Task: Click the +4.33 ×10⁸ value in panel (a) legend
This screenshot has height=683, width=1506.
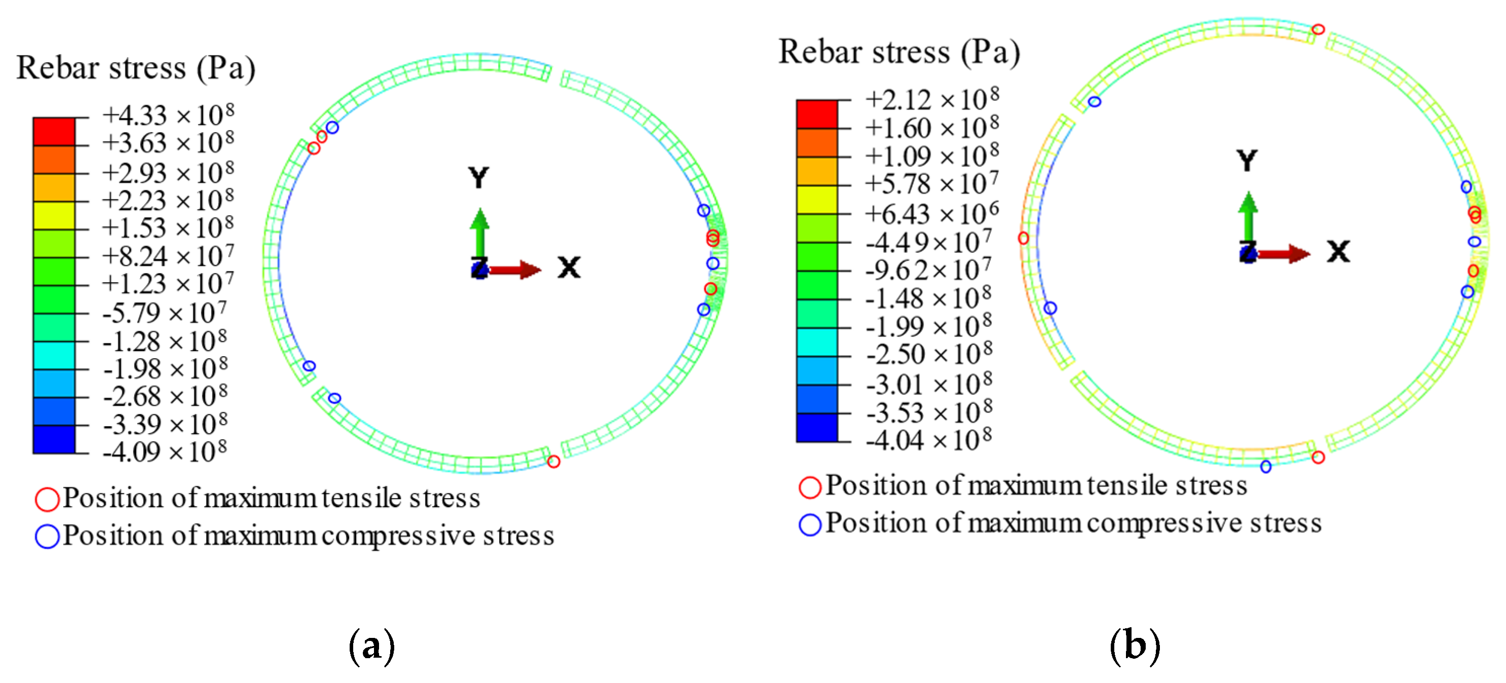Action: pos(168,115)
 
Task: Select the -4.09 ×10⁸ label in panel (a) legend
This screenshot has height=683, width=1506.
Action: pos(165,451)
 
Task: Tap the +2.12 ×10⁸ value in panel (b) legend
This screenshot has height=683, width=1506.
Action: pos(932,99)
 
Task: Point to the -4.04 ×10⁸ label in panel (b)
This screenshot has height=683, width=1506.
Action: pos(929,440)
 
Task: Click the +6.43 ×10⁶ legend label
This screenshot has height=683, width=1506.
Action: pos(932,213)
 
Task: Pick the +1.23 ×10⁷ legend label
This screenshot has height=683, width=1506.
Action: pos(168,284)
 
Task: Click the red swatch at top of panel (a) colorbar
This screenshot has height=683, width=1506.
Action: pos(54,132)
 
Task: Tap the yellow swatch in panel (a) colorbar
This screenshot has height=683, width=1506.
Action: pos(54,215)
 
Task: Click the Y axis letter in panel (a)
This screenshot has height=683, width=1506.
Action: pos(478,177)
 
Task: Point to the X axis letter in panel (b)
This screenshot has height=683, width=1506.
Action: pos(1338,251)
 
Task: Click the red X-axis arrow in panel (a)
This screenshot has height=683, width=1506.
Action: pos(514,270)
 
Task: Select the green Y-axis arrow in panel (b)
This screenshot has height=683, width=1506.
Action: pos(1248,216)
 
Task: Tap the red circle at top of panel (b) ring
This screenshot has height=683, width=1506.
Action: pos(1317,29)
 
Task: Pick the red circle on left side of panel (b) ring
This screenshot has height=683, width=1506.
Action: pos(1023,238)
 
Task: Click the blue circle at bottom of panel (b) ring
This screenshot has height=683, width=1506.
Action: pos(1266,466)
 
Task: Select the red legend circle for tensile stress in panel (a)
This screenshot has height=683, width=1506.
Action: pos(47,499)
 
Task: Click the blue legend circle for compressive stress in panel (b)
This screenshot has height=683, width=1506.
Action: pos(810,524)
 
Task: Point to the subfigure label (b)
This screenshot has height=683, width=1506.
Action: pos(1134,646)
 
